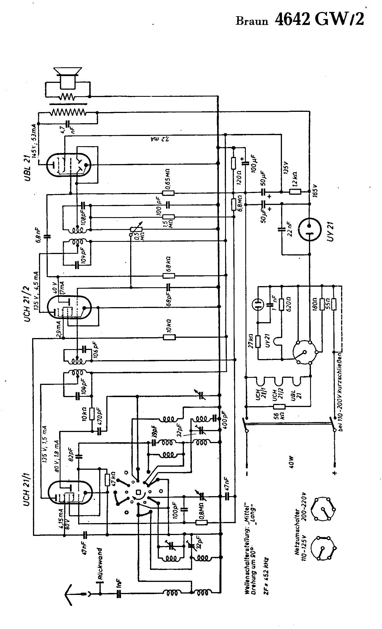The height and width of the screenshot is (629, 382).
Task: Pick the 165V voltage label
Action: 316,191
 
